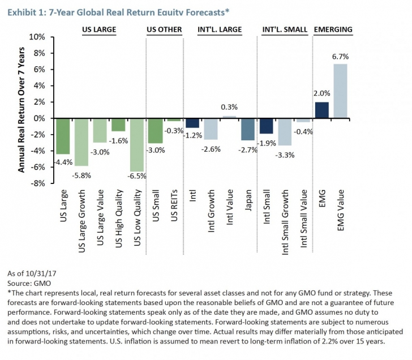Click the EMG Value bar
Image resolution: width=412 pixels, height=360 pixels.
pyautogui.click(x=340, y=91)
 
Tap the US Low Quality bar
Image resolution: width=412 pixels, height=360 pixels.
pyautogui.click(x=136, y=145)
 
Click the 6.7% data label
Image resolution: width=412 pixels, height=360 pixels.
pyautogui.click(x=340, y=57)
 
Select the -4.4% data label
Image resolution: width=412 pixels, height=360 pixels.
pyautogui.click(x=62, y=162)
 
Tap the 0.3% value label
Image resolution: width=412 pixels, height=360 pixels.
pyautogui.click(x=229, y=107)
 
